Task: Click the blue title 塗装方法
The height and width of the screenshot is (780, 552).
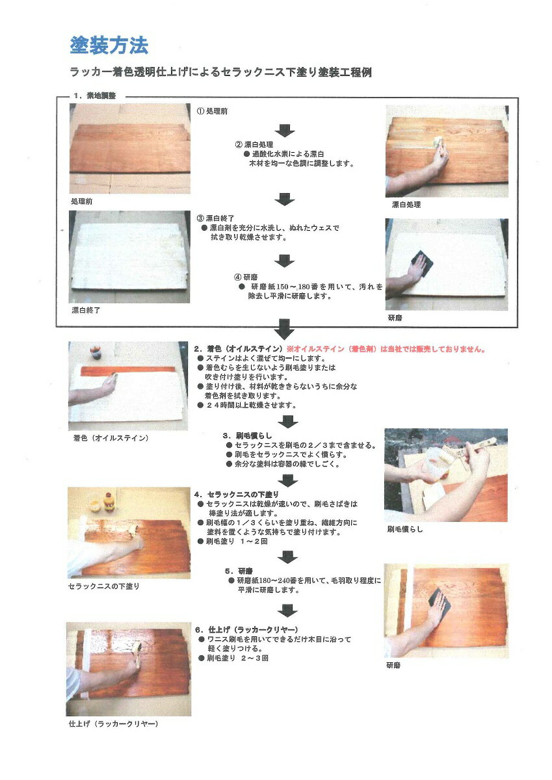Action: pos(109,45)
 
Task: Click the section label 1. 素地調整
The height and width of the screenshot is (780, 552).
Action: pos(94,96)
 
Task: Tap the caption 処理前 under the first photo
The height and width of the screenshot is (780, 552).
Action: pos(81,201)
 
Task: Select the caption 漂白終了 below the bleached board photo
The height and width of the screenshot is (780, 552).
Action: pos(86,310)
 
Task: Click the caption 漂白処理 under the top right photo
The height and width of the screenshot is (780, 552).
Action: pos(406,204)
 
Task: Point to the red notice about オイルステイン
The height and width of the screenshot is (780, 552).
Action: pos(386,349)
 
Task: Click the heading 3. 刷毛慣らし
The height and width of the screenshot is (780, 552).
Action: pos(247,435)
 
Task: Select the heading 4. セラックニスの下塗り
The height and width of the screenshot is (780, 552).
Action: pos(237,494)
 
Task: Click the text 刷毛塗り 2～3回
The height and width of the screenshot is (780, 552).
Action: pos(233,658)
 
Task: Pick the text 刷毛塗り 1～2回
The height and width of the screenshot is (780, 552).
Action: pos(233,541)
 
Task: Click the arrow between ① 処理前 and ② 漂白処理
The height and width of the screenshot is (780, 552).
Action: pos(285,130)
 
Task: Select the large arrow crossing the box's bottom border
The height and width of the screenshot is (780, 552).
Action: pos(285,329)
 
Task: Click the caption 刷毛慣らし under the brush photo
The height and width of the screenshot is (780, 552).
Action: pos(405,529)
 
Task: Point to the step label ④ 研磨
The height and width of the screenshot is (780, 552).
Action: pos(246,277)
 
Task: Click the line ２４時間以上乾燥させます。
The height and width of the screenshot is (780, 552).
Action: pos(247,405)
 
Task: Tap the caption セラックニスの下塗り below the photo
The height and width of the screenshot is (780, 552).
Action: pos(104,586)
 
